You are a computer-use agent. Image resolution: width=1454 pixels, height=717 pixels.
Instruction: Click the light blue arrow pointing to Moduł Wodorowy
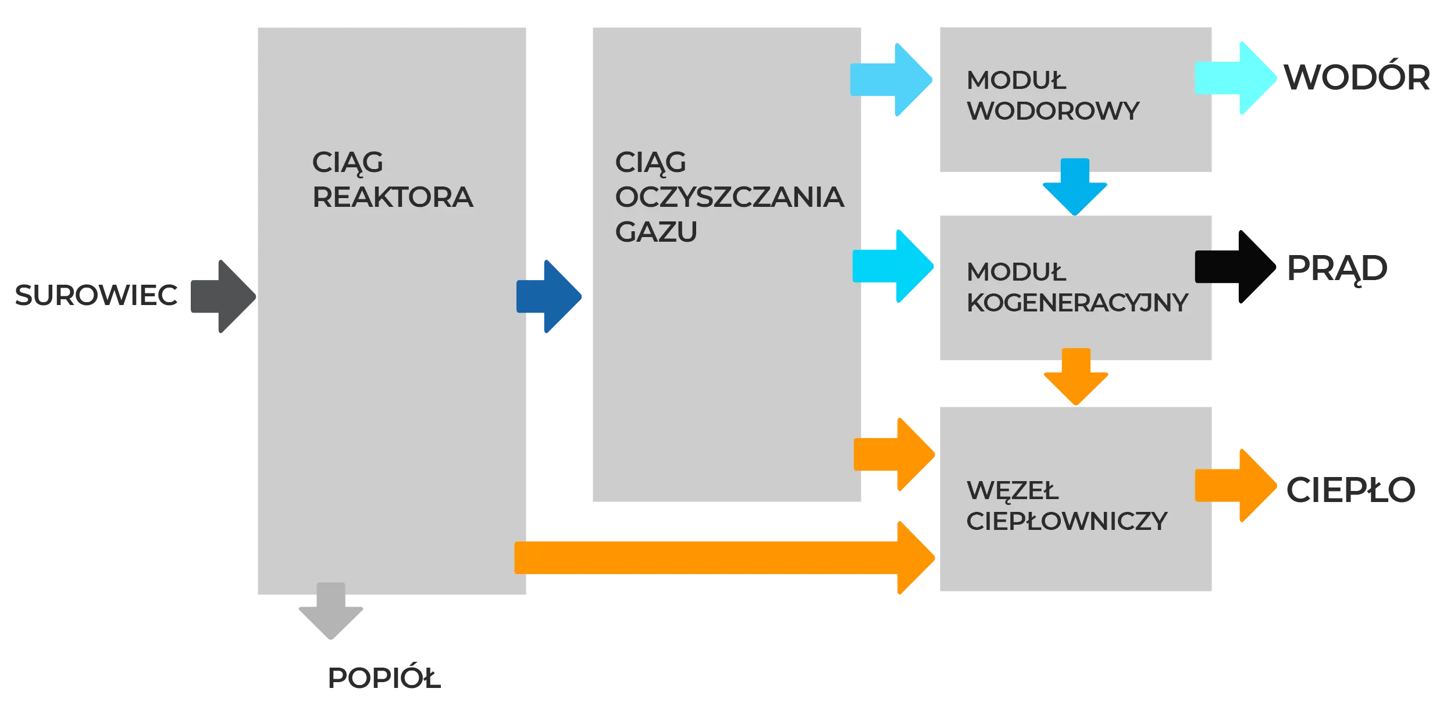892,80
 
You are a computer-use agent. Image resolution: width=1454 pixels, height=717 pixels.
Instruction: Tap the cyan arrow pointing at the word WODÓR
1236,78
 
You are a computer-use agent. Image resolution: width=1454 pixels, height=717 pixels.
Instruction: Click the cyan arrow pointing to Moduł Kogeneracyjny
893,267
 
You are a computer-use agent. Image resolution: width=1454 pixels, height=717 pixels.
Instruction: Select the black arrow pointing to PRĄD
1236,267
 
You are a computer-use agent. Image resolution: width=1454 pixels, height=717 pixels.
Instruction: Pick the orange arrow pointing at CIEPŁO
1236,486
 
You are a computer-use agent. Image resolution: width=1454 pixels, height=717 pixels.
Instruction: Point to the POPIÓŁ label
383,676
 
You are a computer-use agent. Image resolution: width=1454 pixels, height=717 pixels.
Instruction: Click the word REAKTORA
393,198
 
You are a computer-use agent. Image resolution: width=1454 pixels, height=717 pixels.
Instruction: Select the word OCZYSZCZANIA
729,198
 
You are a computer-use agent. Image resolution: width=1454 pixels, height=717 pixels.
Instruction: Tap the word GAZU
656,232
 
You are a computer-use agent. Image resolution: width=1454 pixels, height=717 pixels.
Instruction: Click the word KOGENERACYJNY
1077,303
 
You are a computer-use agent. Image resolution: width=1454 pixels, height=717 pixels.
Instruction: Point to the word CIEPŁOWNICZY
1067,521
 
